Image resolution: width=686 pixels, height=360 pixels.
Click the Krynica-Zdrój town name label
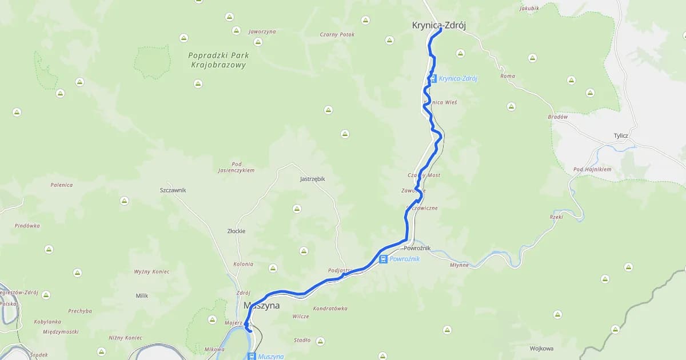click(434, 25)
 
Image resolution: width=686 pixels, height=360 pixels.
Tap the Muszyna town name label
click(262, 306)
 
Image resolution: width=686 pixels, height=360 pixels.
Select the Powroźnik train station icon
click(383, 259)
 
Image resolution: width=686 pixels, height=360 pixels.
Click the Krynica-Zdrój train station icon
click(433, 79)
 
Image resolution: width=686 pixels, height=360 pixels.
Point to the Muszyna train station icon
click(252, 356)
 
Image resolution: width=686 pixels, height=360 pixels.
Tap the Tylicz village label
click(621, 135)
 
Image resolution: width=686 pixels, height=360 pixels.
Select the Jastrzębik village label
click(312, 179)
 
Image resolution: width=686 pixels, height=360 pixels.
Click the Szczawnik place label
click(173, 190)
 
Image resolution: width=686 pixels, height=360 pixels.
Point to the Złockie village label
click(236, 231)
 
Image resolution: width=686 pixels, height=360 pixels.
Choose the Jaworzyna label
click(262, 32)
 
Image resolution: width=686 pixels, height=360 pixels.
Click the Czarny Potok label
click(337, 35)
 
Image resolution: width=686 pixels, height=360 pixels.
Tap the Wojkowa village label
click(541, 348)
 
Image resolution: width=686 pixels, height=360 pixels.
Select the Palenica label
click(61, 185)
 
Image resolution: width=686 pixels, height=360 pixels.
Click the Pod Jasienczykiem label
click(236, 167)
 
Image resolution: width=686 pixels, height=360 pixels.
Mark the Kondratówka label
click(330, 309)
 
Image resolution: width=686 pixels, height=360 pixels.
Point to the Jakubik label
click(529, 9)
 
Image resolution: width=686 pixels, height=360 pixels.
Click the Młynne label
click(459, 265)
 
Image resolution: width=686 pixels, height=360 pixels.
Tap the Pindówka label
click(27, 226)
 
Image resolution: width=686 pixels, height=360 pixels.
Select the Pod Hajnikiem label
click(592, 170)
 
